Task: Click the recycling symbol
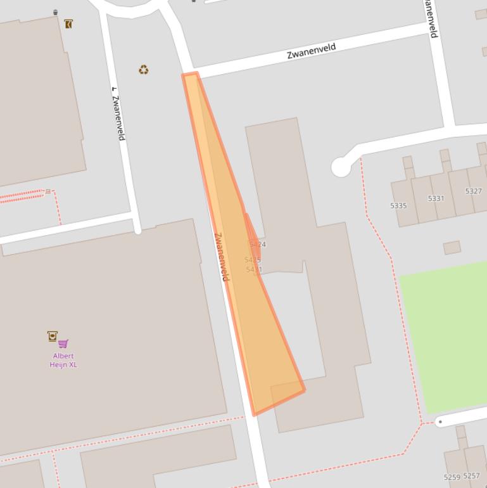click(x=144, y=70)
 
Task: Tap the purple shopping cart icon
click(x=63, y=344)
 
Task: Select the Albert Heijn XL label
click(x=63, y=360)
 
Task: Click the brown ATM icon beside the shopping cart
click(x=53, y=336)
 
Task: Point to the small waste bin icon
click(x=56, y=12)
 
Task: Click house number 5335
click(x=399, y=206)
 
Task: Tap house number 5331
click(x=436, y=198)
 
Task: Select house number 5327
click(x=473, y=191)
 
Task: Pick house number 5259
click(x=452, y=477)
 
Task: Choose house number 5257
click(x=471, y=475)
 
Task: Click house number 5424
click(x=258, y=244)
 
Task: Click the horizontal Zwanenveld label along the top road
click(x=311, y=50)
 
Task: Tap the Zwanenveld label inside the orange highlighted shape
click(x=221, y=257)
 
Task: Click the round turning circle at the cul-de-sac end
click(x=341, y=167)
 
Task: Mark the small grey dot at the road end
click(x=440, y=421)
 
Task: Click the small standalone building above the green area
click(x=452, y=247)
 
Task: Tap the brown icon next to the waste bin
click(x=68, y=24)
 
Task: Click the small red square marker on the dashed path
click(x=47, y=191)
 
